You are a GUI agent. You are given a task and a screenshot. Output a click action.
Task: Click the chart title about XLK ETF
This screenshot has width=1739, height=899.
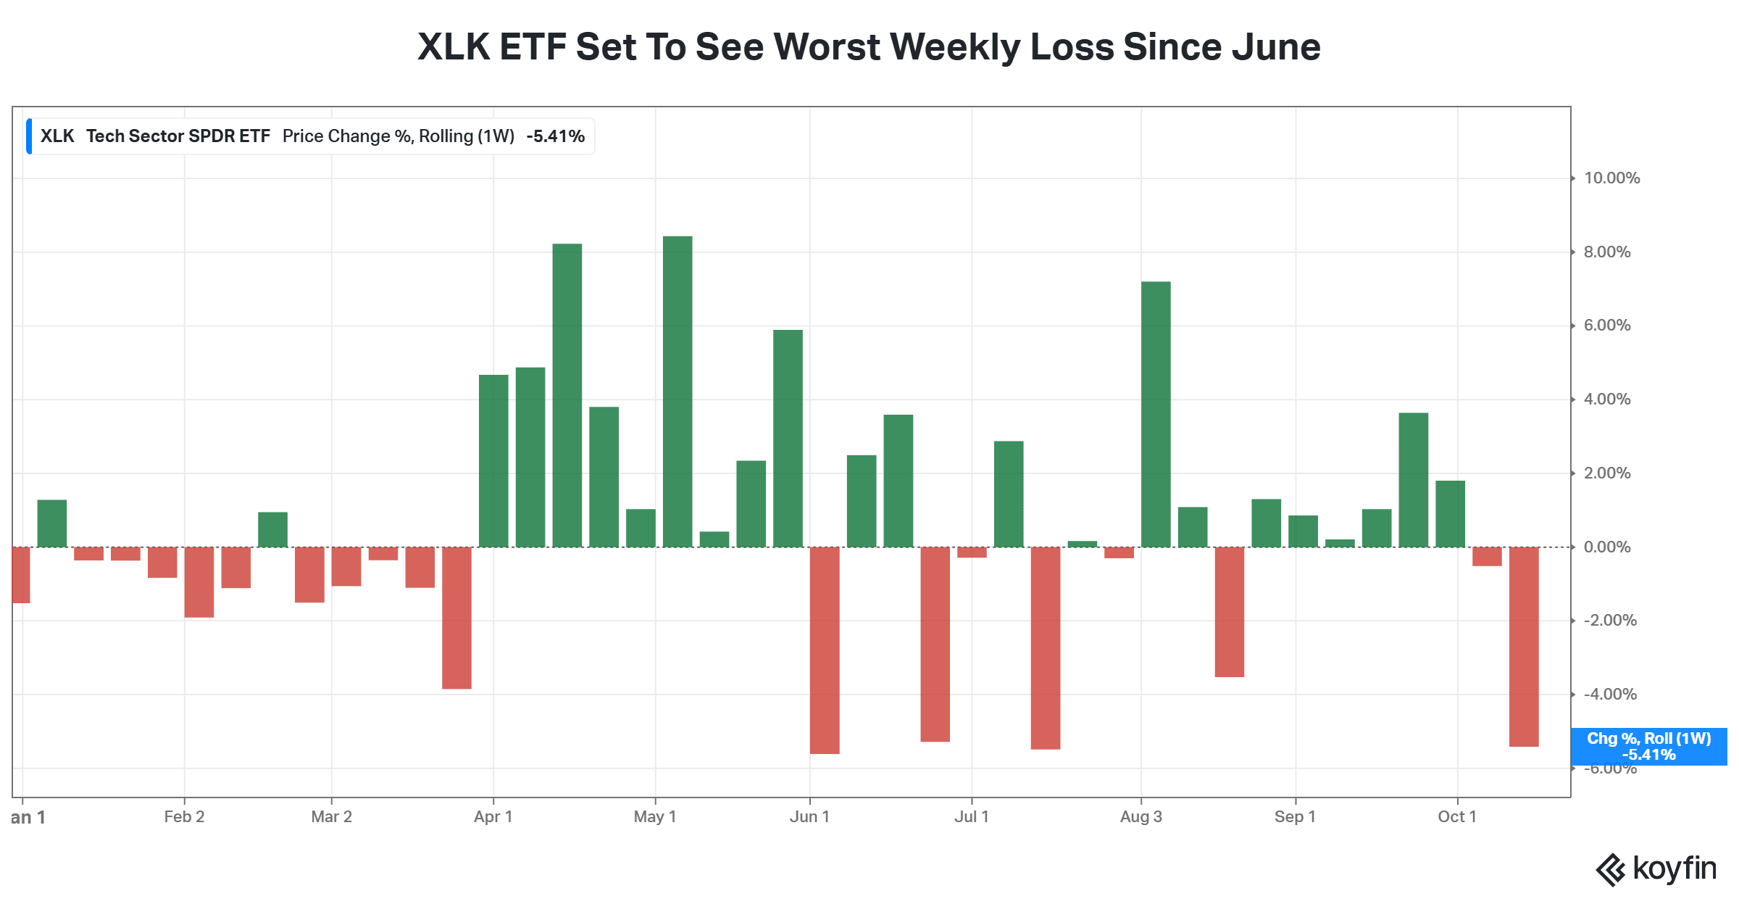[x=869, y=47]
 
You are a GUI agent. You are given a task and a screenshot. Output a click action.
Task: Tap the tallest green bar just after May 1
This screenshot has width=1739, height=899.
[x=677, y=391]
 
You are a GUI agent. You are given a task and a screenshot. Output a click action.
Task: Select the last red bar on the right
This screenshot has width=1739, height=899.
[x=1524, y=647]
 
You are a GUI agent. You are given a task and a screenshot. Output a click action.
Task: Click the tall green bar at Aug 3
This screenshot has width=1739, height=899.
[x=1156, y=414]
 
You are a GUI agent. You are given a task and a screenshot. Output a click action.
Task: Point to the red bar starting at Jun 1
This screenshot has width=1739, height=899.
[x=825, y=650]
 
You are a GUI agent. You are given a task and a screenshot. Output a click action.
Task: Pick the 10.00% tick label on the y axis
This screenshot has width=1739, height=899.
[x=1611, y=178]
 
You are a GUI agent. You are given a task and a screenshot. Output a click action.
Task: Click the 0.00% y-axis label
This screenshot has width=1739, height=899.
[x=1607, y=547]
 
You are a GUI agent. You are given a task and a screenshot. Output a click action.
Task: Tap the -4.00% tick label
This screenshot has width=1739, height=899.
[x=1610, y=695]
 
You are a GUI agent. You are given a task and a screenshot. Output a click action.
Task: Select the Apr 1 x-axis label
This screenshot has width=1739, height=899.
[x=493, y=817]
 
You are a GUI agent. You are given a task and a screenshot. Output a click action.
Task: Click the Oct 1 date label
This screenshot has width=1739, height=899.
[x=1457, y=817]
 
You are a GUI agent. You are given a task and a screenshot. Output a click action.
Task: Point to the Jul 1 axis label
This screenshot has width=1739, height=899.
[x=972, y=817]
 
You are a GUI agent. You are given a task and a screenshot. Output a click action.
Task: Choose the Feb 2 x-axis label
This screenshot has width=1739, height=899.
[x=184, y=817]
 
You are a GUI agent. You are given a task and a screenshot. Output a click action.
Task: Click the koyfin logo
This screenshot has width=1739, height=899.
[x=1656, y=869]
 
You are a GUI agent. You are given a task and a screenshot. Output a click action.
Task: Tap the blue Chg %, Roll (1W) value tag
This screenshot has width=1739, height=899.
[x=1648, y=747]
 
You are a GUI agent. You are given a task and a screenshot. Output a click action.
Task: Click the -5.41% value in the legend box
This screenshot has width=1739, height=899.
[x=555, y=136]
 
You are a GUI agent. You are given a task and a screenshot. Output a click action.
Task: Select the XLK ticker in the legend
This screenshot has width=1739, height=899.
[x=57, y=136]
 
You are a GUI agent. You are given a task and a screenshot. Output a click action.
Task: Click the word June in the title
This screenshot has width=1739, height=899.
[x=1276, y=47]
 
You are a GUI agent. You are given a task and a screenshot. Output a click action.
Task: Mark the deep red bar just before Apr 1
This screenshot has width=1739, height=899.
[x=456, y=618]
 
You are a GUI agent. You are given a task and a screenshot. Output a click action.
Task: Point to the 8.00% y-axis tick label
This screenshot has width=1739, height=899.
[x=1607, y=252]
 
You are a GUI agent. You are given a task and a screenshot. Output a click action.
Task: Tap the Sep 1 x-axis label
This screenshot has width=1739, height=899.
[x=1295, y=817]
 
